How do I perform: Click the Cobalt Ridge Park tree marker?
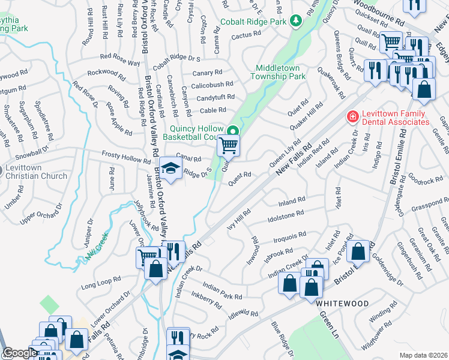pyautogui.click(x=295, y=22)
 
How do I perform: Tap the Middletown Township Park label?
pyautogui.click(x=281, y=72)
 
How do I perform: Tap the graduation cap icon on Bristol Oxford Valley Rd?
pyautogui.click(x=170, y=169)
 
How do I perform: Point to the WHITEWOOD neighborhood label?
pyautogui.click(x=342, y=304)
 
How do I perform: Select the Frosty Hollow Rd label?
pyautogui.click(x=126, y=157)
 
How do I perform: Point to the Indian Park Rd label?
pyautogui.click(x=222, y=292)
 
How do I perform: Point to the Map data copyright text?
pyautogui.click(x=423, y=355)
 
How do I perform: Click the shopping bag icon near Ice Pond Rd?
pyautogui.click(x=358, y=251)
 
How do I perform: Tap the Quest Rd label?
pyautogui.click(x=239, y=175)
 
